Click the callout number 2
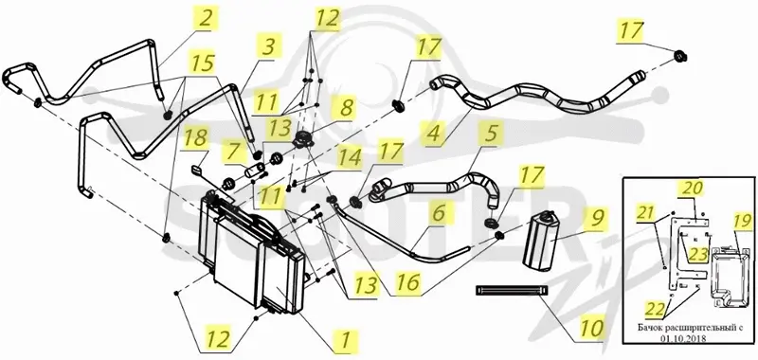coord(205,18)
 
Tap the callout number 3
coord(268,47)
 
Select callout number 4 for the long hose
coord(433,133)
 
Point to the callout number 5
coord(491,132)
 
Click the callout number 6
coord(438,213)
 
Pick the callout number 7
coord(233,151)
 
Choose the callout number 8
coord(346,108)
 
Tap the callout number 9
coord(598,217)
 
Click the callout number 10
coord(590,329)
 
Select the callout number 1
coord(346,339)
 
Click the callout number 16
coord(408,282)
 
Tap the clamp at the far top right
coord(680,57)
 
